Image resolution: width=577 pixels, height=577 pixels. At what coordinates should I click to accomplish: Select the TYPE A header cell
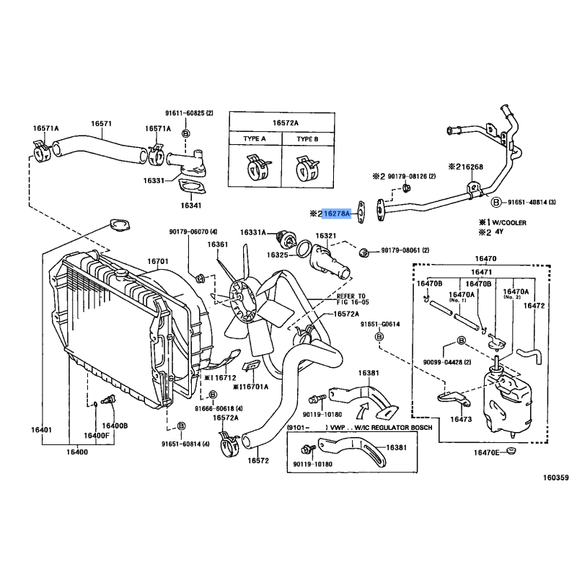coord(254,138)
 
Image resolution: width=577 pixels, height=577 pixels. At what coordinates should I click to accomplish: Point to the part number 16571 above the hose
coord(101,123)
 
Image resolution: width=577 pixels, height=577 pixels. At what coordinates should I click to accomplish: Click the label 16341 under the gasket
coord(191,206)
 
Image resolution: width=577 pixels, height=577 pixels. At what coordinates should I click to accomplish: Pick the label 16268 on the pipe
coord(472,167)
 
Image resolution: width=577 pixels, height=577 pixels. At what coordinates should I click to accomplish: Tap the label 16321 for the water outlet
coord(325,236)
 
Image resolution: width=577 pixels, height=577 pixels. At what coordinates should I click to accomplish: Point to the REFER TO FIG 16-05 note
coord(351,300)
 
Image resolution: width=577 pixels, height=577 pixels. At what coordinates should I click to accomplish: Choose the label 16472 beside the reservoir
coord(534,306)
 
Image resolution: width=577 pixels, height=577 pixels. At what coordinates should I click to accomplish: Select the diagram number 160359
coord(556,477)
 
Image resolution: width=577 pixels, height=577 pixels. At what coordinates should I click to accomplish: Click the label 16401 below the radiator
coord(40,431)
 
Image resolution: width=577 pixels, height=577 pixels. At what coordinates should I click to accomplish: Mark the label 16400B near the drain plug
coord(114,426)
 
